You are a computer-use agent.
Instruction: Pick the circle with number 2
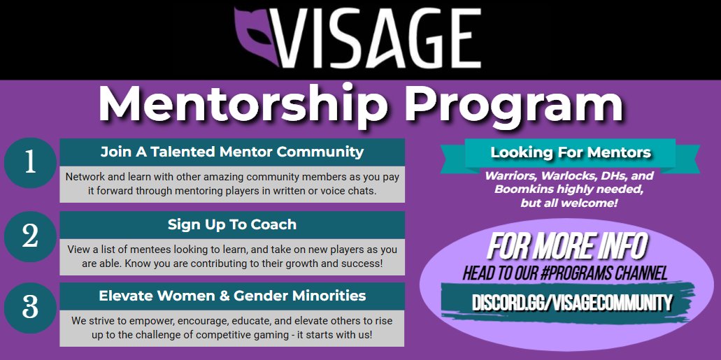tap(29, 236)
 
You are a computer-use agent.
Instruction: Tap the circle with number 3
tap(29, 307)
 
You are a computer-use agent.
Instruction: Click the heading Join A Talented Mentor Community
tap(232, 152)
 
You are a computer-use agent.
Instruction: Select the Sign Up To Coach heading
tap(232, 224)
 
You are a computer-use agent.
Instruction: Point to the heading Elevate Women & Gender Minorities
tap(232, 296)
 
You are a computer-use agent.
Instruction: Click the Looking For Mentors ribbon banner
tap(570, 152)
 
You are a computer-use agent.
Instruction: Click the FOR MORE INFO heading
tap(566, 247)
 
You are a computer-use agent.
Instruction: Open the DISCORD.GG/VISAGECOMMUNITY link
tap(571, 303)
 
